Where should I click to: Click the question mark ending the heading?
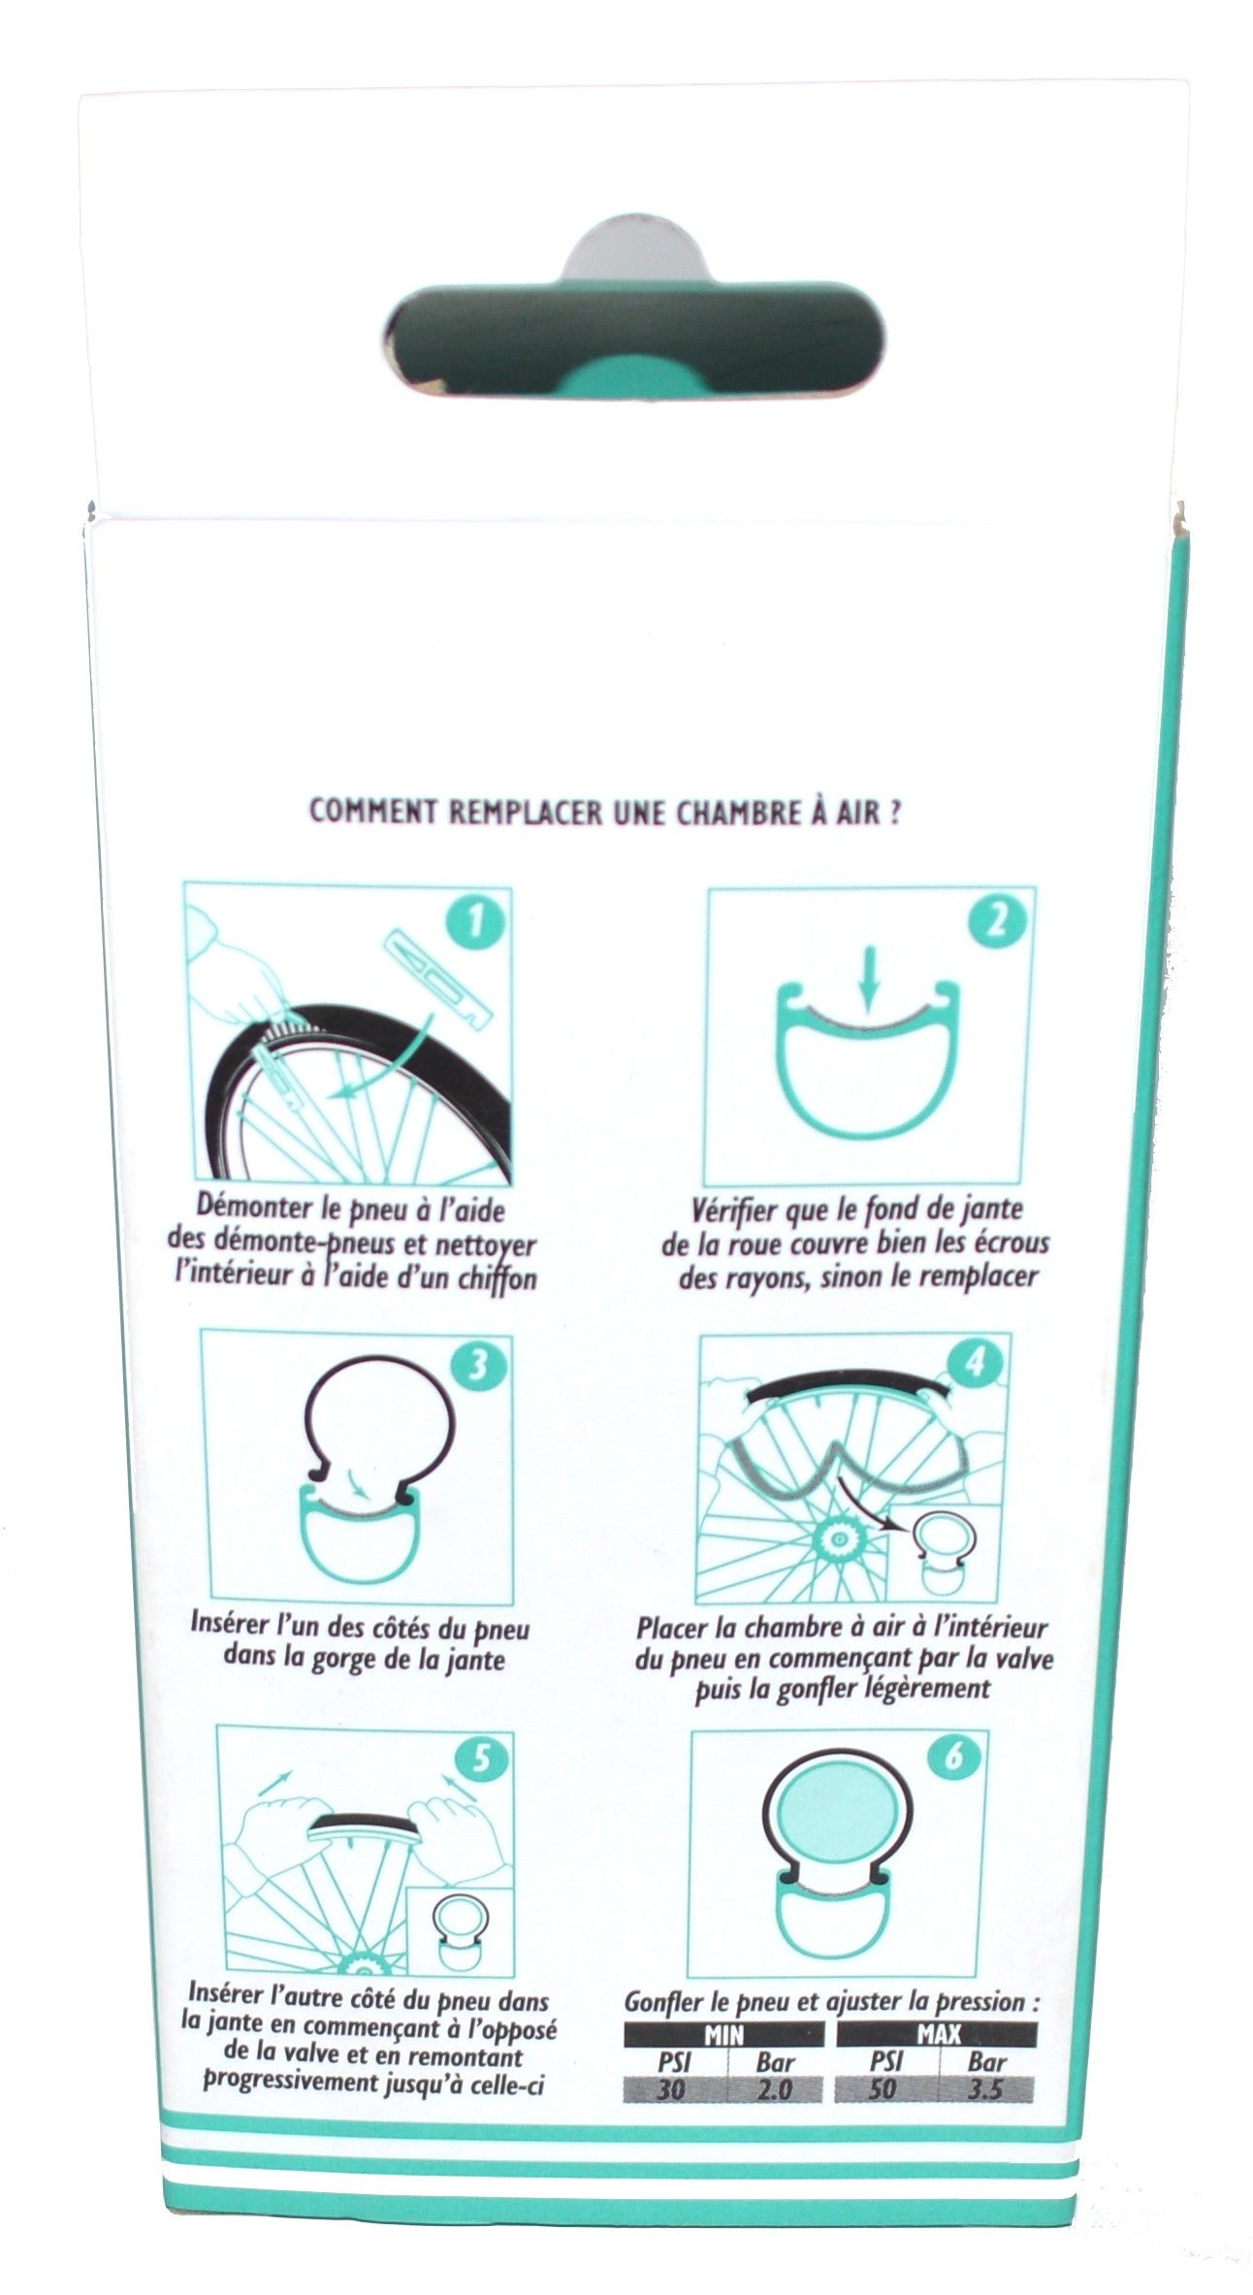pos(894,812)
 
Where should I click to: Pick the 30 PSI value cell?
pos(673,2089)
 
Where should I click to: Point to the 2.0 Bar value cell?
pos(775,2089)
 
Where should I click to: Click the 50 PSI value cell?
pos(884,2088)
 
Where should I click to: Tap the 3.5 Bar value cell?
pos(985,2088)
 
